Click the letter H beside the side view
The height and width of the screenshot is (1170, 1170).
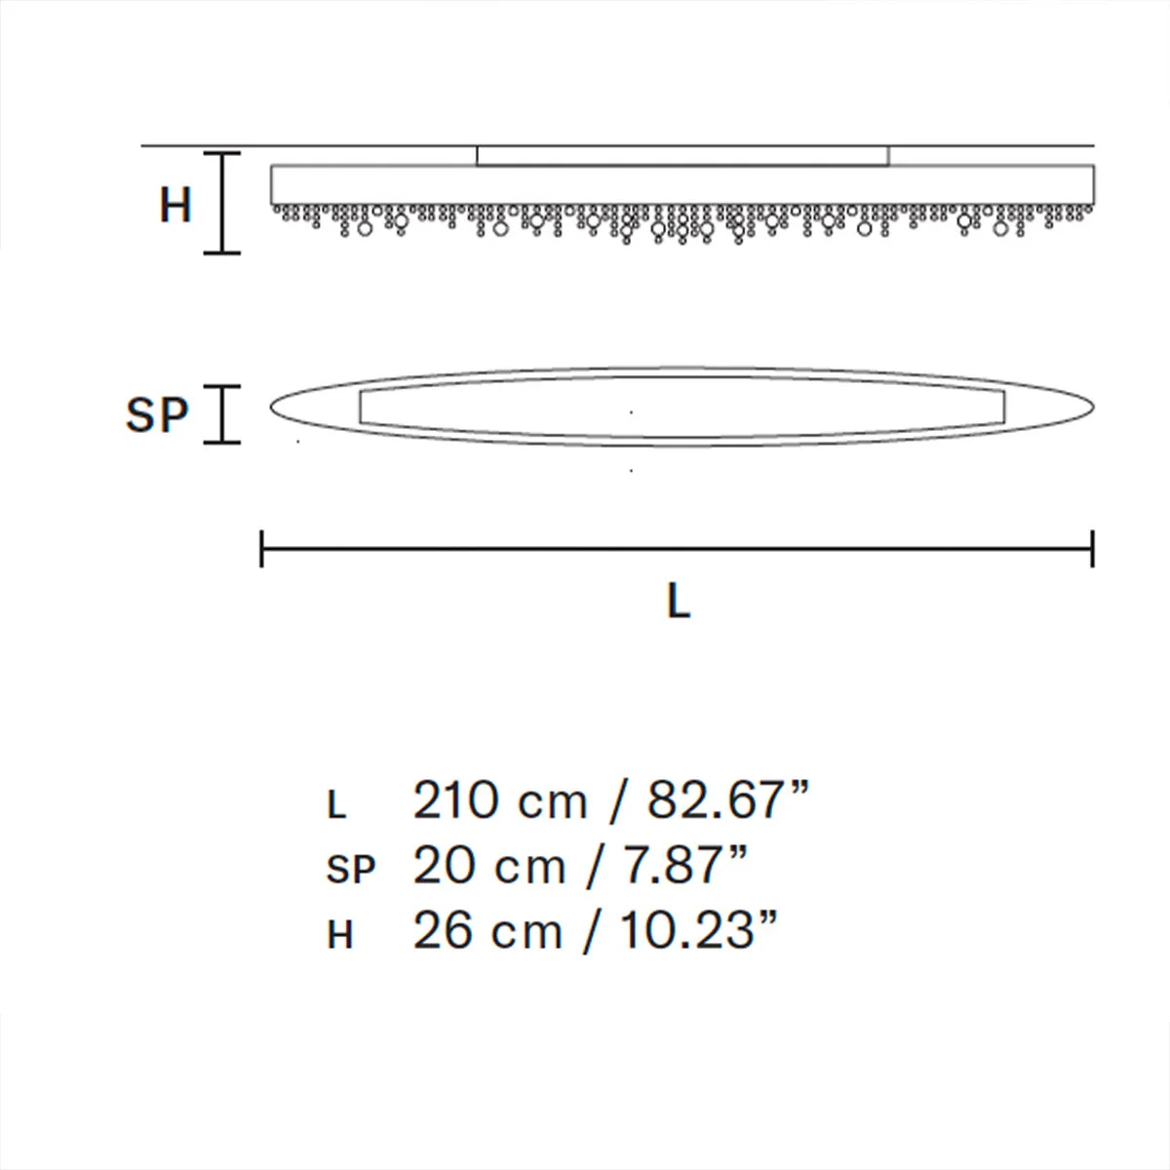click(175, 206)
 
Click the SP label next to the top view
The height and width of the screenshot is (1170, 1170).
click(156, 415)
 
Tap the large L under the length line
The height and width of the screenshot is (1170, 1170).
click(679, 603)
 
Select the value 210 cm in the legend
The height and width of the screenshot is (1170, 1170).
click(500, 801)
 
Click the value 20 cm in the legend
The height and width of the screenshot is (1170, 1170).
click(489, 866)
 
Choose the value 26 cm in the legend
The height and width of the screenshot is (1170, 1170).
click(488, 931)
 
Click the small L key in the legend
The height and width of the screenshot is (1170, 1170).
click(336, 805)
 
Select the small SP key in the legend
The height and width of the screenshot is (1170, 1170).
click(350, 870)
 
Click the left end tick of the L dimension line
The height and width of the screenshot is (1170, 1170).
click(262, 549)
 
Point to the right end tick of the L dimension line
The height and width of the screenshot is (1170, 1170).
click(1093, 549)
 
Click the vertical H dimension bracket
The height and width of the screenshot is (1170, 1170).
click(222, 204)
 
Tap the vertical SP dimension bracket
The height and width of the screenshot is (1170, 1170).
click(222, 414)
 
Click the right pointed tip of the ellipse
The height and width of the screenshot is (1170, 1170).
click(1092, 407)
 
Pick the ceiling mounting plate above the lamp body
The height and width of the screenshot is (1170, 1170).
click(682, 156)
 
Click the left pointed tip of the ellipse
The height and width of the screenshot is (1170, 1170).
click(271, 408)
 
